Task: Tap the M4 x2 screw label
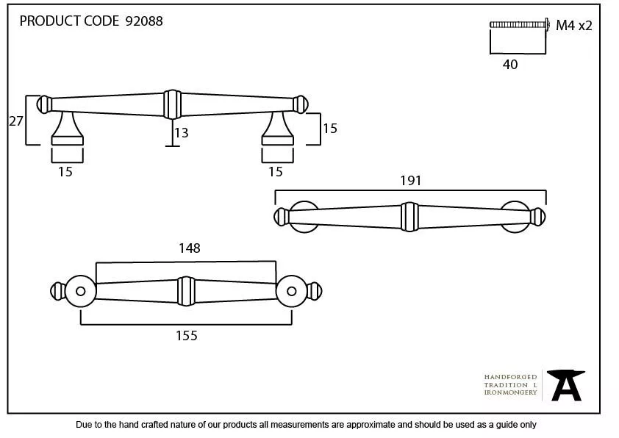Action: coord(573,26)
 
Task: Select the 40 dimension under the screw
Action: coord(510,65)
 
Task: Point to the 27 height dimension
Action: coord(15,121)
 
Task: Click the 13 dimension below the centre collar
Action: coord(181,133)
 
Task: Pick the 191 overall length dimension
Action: coord(410,181)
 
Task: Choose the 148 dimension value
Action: coord(189,248)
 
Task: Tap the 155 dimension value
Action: coord(187,336)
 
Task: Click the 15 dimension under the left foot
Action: coord(65,172)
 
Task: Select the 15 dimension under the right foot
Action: coord(276,172)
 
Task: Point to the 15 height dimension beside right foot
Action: coord(329,129)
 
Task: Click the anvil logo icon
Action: coord(566,385)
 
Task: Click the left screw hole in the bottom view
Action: coord(80,292)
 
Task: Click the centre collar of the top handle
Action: coord(171,104)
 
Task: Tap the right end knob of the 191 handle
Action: coord(537,217)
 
